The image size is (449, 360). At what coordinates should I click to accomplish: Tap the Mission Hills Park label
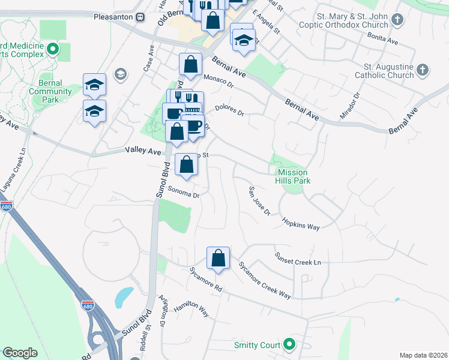click(x=291, y=175)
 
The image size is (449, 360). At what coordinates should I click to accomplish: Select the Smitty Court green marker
click(x=289, y=344)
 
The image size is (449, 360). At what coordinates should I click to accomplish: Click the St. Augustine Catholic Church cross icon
click(x=423, y=70)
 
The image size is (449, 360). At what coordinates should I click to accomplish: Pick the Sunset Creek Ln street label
click(x=298, y=258)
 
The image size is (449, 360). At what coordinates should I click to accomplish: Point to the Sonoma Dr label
click(x=183, y=193)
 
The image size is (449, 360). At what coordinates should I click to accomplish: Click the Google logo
click(x=20, y=353)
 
